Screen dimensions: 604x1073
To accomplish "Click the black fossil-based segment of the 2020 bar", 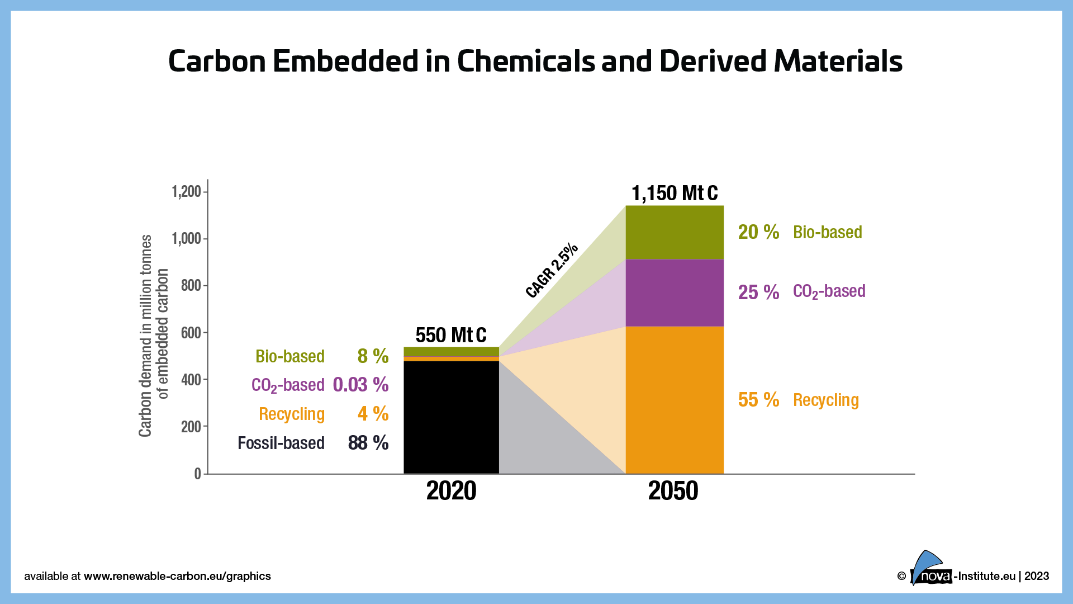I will (x=451, y=417).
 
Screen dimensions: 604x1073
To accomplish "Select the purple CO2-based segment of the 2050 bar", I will (x=674, y=292).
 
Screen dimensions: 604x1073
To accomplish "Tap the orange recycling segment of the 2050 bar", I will (x=674, y=400).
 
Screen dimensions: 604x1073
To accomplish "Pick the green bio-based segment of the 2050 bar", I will (x=674, y=232).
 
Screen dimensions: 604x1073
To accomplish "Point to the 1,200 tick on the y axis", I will (x=187, y=192).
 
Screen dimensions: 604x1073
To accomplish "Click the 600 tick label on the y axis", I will (x=191, y=333).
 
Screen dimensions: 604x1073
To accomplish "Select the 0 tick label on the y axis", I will (x=197, y=474).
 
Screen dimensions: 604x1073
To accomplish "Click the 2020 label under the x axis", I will (x=451, y=491).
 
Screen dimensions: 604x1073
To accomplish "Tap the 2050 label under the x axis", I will (x=673, y=491).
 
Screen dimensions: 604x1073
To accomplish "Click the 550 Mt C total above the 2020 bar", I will (x=451, y=335).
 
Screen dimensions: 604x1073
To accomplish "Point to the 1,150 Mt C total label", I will (x=674, y=194).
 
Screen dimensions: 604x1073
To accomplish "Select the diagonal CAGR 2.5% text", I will (x=552, y=271).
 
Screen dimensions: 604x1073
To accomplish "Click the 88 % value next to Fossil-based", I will (x=368, y=443).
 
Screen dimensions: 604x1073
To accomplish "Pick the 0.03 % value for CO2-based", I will (x=360, y=385).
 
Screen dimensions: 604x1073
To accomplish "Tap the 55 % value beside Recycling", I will (x=758, y=400).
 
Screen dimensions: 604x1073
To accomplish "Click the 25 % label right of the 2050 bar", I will (x=758, y=292).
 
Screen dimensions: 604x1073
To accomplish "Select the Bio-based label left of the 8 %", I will (x=289, y=356).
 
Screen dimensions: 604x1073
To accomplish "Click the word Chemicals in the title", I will (x=526, y=61).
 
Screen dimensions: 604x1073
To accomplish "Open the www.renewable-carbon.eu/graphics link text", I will (x=177, y=576).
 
